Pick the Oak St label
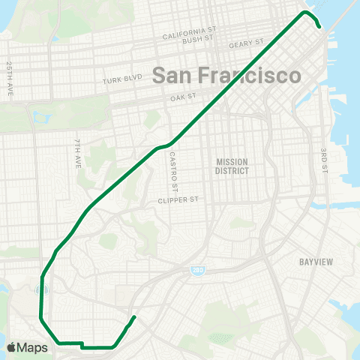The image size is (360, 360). tap(183, 97)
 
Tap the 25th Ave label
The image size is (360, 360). tap(9, 73)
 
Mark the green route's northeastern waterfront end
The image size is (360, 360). tap(320, 27)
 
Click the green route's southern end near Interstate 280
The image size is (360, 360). tap(134, 317)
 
